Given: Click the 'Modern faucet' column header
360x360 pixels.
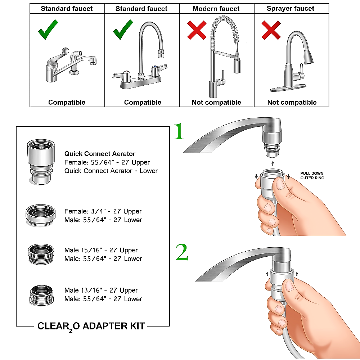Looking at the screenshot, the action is [216, 9].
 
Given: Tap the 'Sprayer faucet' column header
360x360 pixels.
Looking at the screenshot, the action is [291, 9].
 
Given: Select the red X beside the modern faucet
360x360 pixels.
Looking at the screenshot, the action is [197, 30].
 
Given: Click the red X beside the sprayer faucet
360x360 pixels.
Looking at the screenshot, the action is [271, 30].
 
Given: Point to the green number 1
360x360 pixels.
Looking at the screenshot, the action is [179, 131].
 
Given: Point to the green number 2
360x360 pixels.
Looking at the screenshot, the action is [182, 252].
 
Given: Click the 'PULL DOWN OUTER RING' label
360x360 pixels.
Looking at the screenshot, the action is [312, 176].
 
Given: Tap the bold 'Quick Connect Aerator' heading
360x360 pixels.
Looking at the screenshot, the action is [100, 154].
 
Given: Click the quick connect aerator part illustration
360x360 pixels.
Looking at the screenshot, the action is [41, 162].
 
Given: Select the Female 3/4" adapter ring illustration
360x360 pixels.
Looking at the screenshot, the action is [41, 215].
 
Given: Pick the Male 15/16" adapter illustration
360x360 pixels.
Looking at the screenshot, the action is [41, 254].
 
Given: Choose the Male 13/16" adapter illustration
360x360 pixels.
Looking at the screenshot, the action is [41, 295].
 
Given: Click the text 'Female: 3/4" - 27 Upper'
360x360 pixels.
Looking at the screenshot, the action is [103, 211].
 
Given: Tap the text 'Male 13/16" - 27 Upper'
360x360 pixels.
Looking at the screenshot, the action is [101, 290].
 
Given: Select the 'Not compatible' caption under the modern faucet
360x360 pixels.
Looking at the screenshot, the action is [216, 102].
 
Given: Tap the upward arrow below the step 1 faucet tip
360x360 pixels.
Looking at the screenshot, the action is [273, 163].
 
